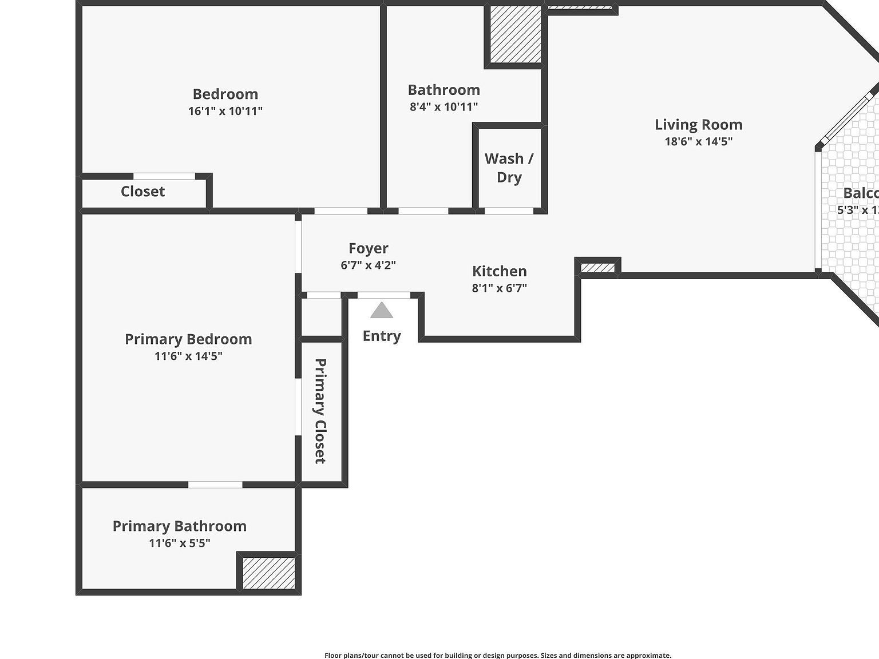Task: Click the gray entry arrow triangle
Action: coord(382,311)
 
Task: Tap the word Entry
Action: coord(382,336)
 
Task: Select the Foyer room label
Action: coord(369,248)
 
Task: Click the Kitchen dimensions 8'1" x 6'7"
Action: coord(500,288)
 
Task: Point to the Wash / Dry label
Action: coord(509,168)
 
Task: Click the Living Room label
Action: coord(699,125)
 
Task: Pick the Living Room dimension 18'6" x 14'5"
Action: coord(699,142)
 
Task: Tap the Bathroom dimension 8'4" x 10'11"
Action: coord(444,106)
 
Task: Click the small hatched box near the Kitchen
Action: coord(597,268)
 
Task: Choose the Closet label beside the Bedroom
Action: coord(142,192)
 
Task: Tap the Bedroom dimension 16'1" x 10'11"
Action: coord(225,111)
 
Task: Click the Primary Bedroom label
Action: coord(188,339)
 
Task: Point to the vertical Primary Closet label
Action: coord(320,411)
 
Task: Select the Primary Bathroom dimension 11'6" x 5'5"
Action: coord(180,543)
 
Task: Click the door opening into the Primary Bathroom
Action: coord(215,485)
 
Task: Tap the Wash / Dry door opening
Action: coord(509,211)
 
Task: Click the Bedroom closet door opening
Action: coord(164,176)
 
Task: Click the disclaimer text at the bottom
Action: coord(498,655)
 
